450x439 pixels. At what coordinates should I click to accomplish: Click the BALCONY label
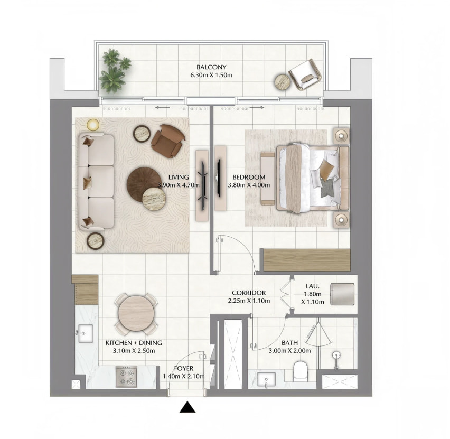(x=211, y=67)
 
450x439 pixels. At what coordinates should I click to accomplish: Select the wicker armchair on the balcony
(x=305, y=74)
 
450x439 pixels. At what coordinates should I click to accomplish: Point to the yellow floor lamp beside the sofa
(x=93, y=125)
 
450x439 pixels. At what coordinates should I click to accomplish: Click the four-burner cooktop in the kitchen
(x=126, y=377)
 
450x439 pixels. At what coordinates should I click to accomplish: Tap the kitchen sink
(x=85, y=333)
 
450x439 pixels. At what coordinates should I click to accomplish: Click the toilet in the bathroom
(x=301, y=371)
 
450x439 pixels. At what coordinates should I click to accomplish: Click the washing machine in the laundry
(x=342, y=294)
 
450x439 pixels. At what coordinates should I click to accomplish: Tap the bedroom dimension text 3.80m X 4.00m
(x=249, y=185)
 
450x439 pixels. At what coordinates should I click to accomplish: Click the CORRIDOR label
(x=249, y=293)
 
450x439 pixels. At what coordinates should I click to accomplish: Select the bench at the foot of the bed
(x=268, y=179)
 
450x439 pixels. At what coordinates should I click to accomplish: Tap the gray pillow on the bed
(x=328, y=188)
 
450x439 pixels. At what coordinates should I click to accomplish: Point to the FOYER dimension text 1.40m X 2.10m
(x=184, y=376)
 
